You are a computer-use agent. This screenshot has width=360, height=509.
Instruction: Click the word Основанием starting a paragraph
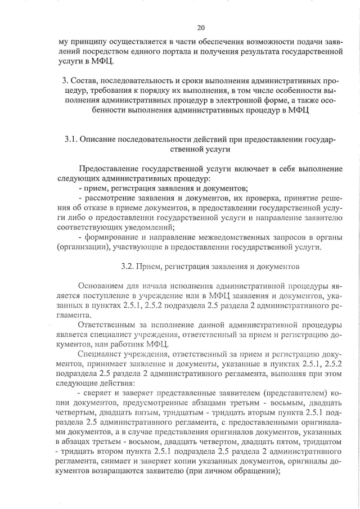[102, 286]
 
